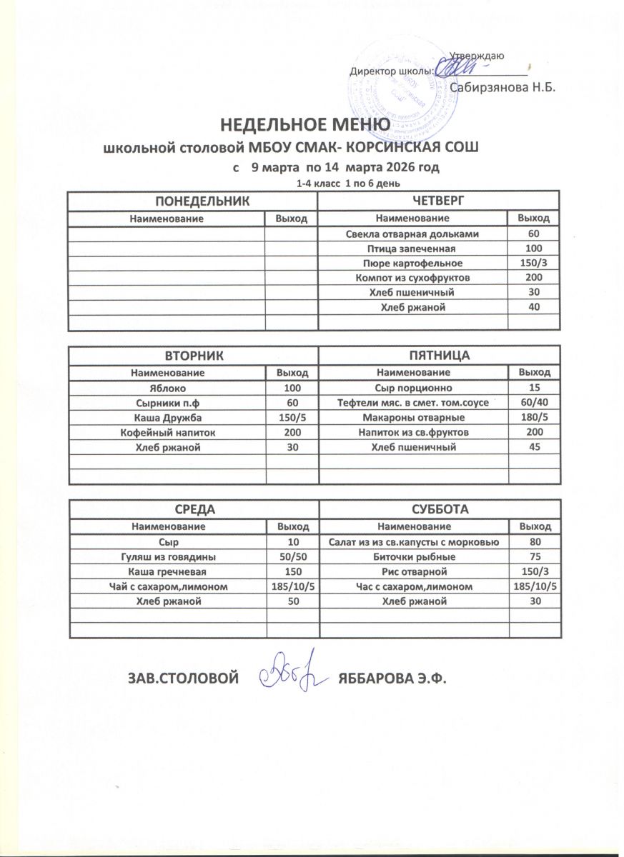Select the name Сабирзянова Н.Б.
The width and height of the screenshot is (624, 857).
(503, 87)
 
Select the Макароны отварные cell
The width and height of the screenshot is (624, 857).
(413, 417)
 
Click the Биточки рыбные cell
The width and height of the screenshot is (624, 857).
(415, 556)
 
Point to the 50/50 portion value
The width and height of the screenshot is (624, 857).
(292, 556)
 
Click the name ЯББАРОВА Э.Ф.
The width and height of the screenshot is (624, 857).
(391, 677)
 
